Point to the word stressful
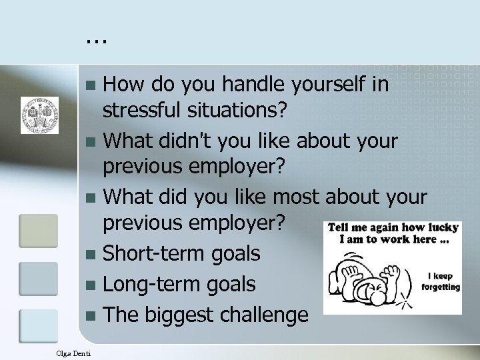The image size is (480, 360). (x=145, y=113)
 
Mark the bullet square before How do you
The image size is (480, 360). (x=94, y=87)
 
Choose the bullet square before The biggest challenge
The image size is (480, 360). (x=94, y=315)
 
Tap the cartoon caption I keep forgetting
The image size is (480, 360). (x=440, y=281)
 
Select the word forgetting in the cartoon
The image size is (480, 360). (x=440, y=287)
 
